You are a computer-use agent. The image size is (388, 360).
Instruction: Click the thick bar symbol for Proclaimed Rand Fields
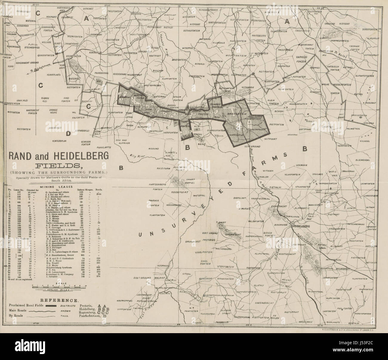(x=51, y=306)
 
